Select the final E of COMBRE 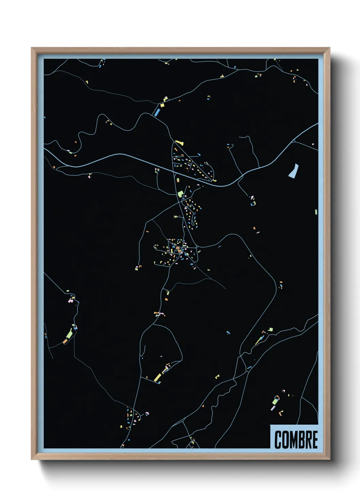pos(315,440)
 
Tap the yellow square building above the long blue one pos(162,105)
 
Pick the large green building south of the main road pos(180,194)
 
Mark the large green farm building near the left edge pos(69,334)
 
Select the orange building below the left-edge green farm pos(65,341)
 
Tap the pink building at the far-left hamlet pos(70,301)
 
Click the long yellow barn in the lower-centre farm pos(158,377)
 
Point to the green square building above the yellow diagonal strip pos(271,329)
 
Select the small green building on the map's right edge pos(316,212)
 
